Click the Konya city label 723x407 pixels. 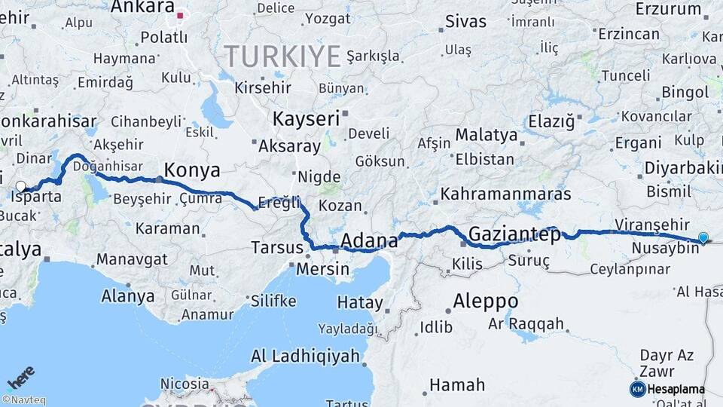pyautogui.click(x=192, y=170)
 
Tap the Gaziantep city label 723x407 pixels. pyautogui.click(x=514, y=235)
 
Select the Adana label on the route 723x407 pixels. pyautogui.click(x=369, y=241)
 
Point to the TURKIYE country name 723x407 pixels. pyautogui.click(x=282, y=55)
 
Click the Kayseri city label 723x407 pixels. pyautogui.click(x=306, y=119)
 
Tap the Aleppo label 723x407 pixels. pyautogui.click(x=485, y=301)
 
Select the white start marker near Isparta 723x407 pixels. pyautogui.click(x=20, y=186)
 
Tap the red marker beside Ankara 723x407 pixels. pyautogui.click(x=180, y=14)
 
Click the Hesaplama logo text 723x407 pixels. pyautogui.click(x=676, y=390)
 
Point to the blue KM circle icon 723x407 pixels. pyautogui.click(x=637, y=389)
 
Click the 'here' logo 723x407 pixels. pyautogui.click(x=20, y=378)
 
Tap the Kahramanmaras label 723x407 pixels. pyautogui.click(x=506, y=194)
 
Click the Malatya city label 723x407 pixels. pyautogui.click(x=487, y=136)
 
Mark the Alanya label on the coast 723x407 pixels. pyautogui.click(x=128, y=296)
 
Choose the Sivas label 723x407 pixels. pyautogui.click(x=466, y=21)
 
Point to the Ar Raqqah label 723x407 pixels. pyautogui.click(x=526, y=324)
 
